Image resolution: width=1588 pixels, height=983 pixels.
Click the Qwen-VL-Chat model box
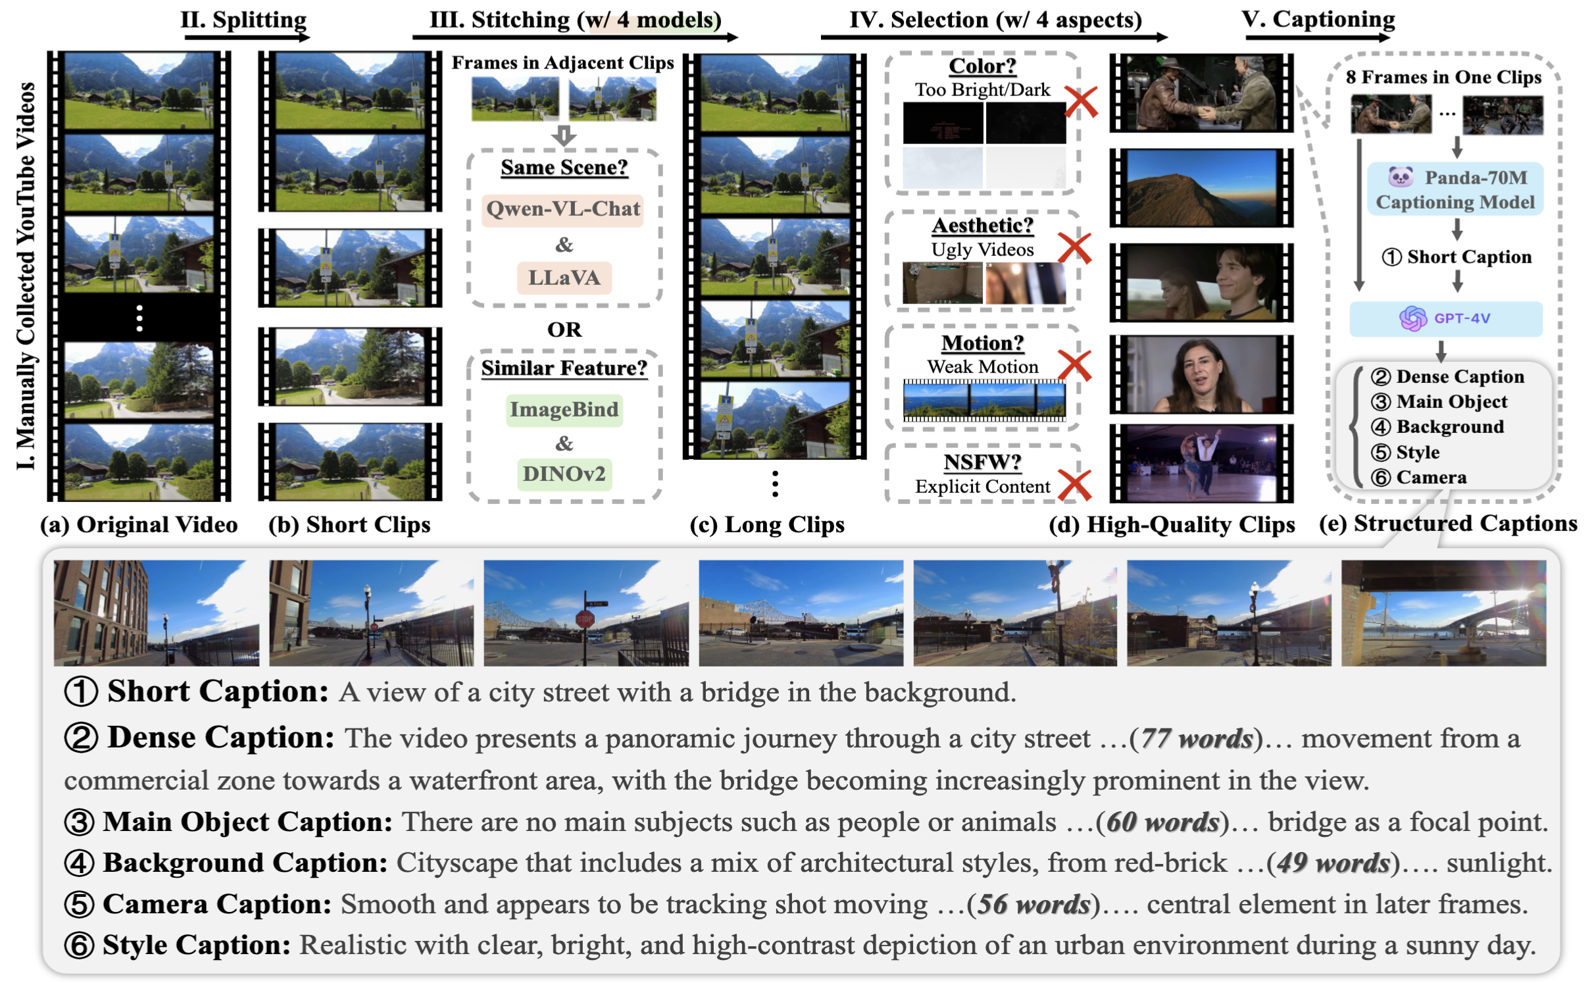point(562,210)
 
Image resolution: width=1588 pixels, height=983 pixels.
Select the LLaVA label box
point(564,278)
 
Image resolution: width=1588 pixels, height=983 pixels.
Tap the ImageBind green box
point(564,410)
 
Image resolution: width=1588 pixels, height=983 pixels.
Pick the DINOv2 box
point(564,474)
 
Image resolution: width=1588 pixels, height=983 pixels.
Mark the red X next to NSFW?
point(1074,485)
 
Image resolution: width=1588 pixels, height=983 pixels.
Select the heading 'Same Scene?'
point(564,168)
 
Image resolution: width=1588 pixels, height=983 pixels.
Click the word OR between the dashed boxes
point(564,330)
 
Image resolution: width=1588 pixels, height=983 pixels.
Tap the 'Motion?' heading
point(981,343)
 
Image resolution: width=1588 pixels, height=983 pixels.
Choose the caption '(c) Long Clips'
point(766,525)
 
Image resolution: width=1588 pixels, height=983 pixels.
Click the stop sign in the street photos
point(584,618)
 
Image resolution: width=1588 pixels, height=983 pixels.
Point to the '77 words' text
point(1196,739)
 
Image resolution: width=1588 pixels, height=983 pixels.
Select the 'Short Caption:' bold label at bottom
point(217,692)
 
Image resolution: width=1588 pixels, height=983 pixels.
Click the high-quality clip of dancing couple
point(1200,463)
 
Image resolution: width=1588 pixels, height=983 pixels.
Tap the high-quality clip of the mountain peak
point(1200,188)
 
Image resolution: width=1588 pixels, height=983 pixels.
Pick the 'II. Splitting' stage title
point(243,20)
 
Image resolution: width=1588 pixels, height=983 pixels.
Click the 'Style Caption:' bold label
point(196,945)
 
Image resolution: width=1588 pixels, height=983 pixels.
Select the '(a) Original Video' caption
point(139,525)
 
